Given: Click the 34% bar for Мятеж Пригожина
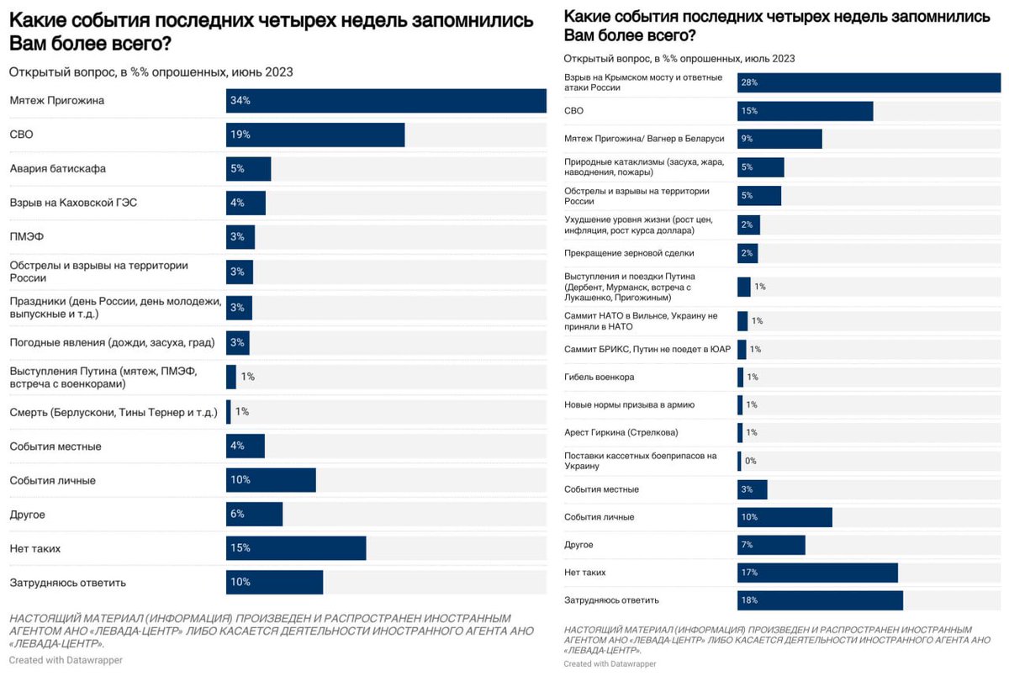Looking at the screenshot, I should [386, 100].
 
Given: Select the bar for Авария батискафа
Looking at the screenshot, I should [249, 168].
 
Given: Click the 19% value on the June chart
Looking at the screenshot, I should [240, 135].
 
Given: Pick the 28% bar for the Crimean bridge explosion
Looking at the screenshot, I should [869, 82].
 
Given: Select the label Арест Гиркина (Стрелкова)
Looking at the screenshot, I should [621, 432].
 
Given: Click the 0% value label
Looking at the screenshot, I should [750, 461].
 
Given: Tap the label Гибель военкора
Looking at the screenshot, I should [599, 377].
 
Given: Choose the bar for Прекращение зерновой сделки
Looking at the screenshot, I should [748, 253].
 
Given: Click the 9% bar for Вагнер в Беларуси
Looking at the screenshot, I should [779, 139].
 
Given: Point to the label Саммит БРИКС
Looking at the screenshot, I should [647, 349].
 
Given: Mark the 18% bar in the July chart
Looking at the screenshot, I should [820, 600].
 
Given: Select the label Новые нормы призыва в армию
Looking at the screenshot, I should [629, 404].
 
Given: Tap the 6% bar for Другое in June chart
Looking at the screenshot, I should [254, 514].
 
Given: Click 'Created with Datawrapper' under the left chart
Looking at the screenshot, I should [66, 660].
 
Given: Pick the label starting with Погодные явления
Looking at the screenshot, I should [112, 342].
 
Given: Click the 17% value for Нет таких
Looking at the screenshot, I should [749, 573].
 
